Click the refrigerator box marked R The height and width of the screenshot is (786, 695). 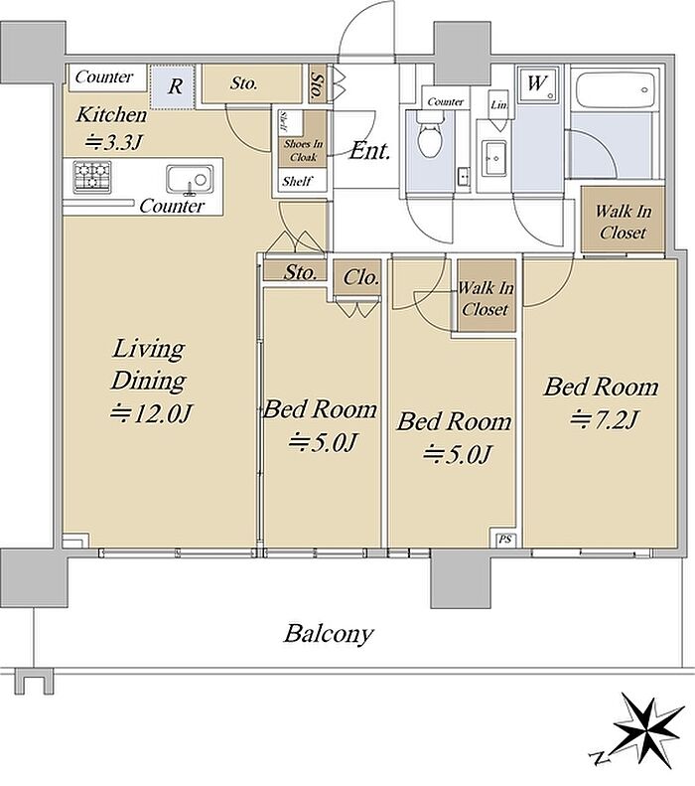pyautogui.click(x=172, y=86)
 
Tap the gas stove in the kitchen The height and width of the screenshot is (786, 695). pyautogui.click(x=92, y=177)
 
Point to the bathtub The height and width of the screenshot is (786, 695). pyautogui.click(x=615, y=90)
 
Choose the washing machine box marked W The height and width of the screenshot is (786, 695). pyautogui.click(x=537, y=84)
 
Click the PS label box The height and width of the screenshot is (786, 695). pyautogui.click(x=505, y=540)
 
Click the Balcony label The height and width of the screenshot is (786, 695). pyautogui.click(x=329, y=634)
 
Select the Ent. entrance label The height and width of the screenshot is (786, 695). pyautogui.click(x=369, y=150)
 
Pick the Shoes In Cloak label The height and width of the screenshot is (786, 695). pyautogui.click(x=304, y=150)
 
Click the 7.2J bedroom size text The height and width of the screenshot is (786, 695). pyautogui.click(x=605, y=419)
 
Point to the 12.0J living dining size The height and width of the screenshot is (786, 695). pyautogui.click(x=151, y=413)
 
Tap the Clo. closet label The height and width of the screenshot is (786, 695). pyautogui.click(x=360, y=277)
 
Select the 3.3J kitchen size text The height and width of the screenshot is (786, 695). pyautogui.click(x=114, y=143)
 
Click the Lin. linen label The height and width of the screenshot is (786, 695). pyautogui.click(x=499, y=105)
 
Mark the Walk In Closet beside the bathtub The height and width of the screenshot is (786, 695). pyautogui.click(x=623, y=222)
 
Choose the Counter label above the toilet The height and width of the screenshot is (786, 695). pyautogui.click(x=445, y=101)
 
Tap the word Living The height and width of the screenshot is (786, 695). pyautogui.click(x=148, y=350)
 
